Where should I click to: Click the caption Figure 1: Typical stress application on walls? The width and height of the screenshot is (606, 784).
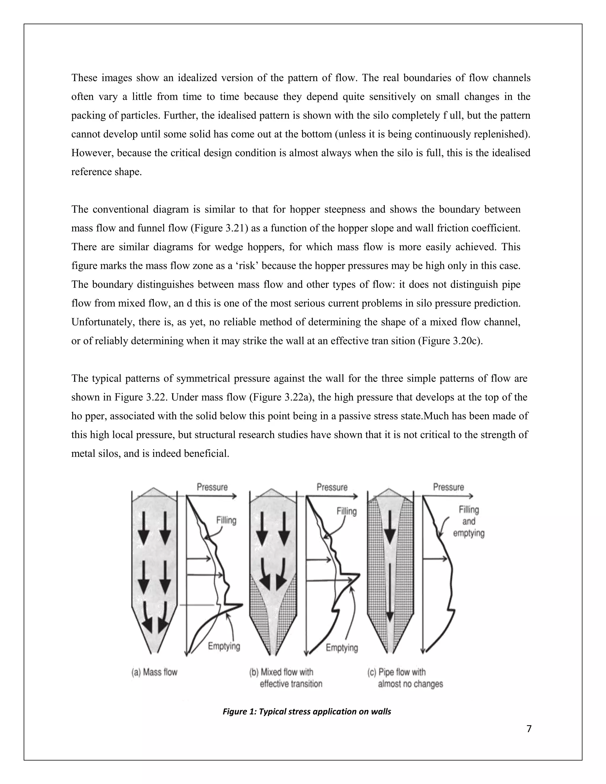point(307,711)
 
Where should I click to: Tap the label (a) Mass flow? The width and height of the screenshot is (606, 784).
point(154,672)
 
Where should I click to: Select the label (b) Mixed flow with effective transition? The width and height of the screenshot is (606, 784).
point(286,678)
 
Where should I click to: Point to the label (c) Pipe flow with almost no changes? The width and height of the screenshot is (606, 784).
point(405,678)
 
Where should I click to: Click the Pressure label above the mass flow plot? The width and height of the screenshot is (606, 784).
point(212,487)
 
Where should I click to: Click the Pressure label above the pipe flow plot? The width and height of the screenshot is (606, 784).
point(448,487)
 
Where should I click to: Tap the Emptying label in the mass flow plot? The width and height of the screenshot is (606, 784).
point(224,646)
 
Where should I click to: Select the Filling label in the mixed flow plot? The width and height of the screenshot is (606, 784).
point(346,511)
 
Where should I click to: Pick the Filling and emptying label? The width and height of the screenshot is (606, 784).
point(468,521)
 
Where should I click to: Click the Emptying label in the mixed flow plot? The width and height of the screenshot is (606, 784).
point(342,648)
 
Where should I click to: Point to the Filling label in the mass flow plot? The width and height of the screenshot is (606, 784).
point(226,520)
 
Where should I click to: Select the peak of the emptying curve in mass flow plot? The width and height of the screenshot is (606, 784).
point(242,604)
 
